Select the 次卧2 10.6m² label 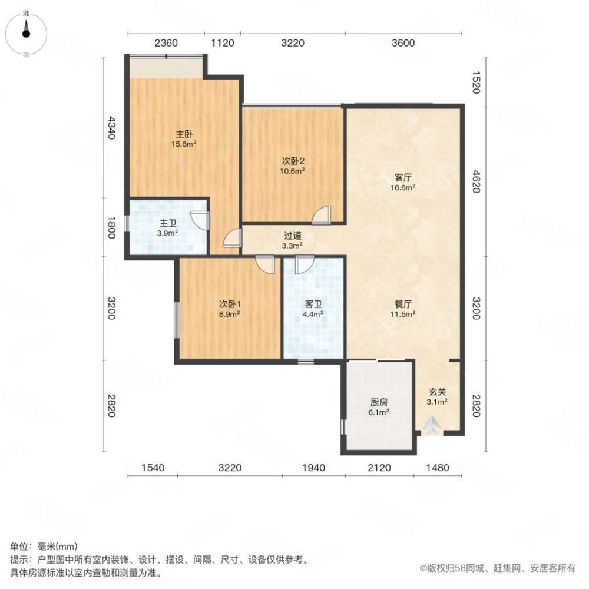click(293, 166)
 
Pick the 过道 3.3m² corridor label click(293, 240)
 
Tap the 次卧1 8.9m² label click(229, 309)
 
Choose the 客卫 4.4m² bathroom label click(313, 309)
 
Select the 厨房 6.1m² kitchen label click(379, 408)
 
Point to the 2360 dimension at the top click(166, 42)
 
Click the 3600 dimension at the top click(404, 42)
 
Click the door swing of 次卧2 click(322, 215)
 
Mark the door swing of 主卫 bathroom click(201, 220)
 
